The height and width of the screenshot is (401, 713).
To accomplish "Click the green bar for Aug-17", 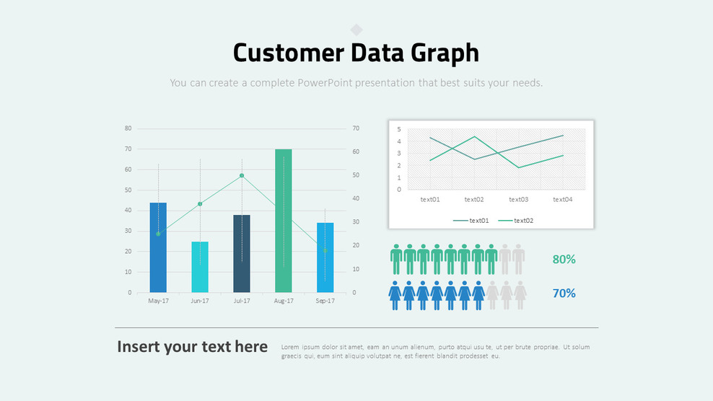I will [x=284, y=221].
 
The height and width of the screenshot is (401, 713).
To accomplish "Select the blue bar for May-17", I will [x=158, y=247].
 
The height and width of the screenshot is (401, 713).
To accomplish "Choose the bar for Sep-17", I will [x=325, y=257].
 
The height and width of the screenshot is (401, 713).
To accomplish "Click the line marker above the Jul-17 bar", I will [x=242, y=175].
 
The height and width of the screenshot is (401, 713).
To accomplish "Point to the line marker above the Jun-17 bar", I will [x=200, y=204].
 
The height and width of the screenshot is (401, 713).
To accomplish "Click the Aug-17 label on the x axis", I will [x=284, y=301].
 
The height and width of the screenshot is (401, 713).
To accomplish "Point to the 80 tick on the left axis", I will [x=128, y=128].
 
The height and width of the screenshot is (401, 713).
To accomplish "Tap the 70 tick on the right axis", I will [x=356, y=128].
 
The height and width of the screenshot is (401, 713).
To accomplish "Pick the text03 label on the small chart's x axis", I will [x=518, y=200].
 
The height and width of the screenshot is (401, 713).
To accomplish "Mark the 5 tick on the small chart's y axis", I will [x=398, y=129].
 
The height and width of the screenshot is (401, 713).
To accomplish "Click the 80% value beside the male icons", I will [x=564, y=260].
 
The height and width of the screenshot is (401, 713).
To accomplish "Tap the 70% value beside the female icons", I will [x=564, y=294].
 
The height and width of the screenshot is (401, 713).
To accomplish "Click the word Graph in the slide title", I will [x=445, y=53].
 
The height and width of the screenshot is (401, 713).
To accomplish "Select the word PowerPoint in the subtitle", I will [x=331, y=83].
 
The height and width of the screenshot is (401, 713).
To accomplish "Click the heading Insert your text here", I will [x=192, y=347].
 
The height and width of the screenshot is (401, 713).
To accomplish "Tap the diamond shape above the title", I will [x=356, y=30].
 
